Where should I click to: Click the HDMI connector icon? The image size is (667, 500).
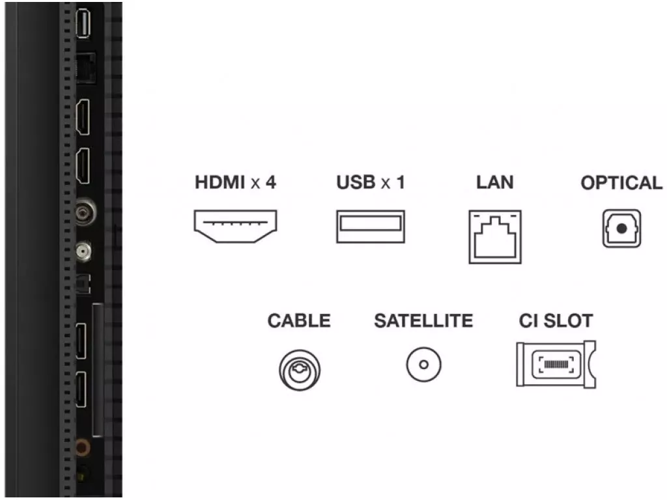coord(235,226)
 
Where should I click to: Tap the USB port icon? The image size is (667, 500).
coord(371,226)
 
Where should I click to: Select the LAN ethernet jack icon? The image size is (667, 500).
coord(495,237)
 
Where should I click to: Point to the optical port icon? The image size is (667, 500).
coord(621,229)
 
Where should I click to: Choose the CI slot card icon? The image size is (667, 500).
coord(556,364)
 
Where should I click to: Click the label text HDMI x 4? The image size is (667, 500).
coord(235,182)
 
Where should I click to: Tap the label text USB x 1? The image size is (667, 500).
coord(371,182)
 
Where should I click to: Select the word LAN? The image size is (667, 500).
coord(495,182)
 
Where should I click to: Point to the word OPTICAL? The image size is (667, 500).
coord(621,183)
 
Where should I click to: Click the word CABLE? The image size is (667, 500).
coord(299,320)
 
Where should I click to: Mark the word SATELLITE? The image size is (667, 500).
coord(423,320)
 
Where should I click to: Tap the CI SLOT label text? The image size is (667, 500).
coord(556,320)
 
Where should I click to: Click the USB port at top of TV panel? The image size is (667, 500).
coord(83,24)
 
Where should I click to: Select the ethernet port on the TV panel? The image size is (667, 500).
coord(85,68)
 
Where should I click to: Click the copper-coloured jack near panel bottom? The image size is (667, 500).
coord(83,448)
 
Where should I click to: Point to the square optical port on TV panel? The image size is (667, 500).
coord(83,284)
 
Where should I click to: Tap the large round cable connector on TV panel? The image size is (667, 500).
coord(85,212)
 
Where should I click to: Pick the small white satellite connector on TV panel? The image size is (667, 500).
coord(83,252)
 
